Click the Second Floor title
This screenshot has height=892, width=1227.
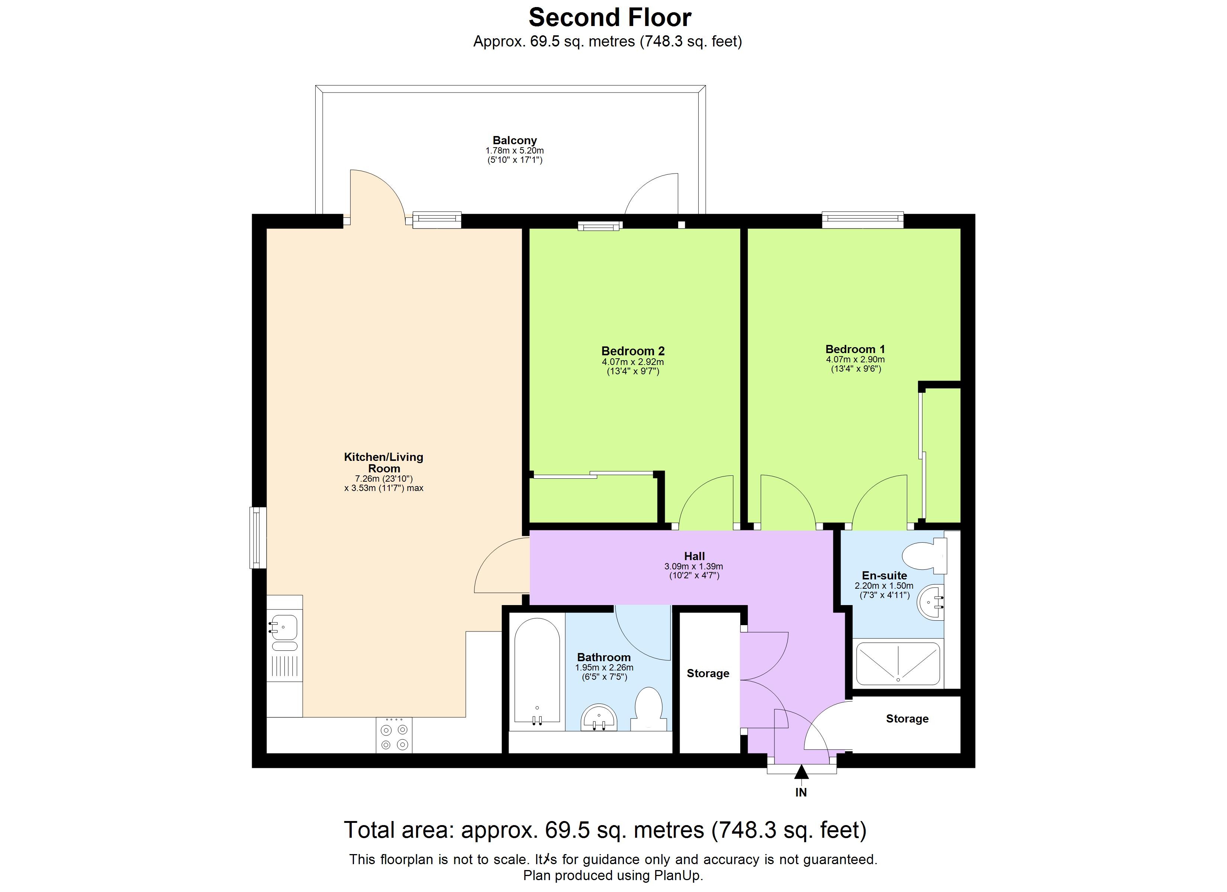[x=610, y=18]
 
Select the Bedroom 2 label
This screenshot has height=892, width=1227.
[x=632, y=351]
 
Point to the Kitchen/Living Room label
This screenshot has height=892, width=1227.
[x=384, y=462]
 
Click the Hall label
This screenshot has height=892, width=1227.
[x=694, y=556]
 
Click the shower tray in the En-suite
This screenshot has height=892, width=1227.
[x=898, y=664]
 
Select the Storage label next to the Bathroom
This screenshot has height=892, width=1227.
[x=708, y=673]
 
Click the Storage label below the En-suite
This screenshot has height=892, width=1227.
[x=907, y=719]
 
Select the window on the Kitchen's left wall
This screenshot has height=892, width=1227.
[x=258, y=538]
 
